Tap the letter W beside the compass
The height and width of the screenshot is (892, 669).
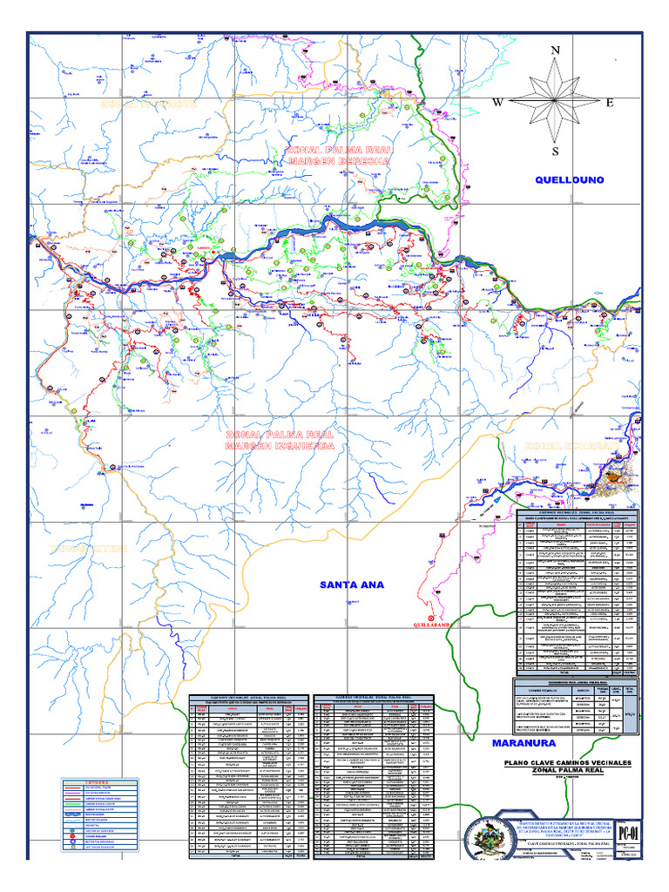tap(498, 103)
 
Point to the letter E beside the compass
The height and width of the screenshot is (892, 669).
tap(610, 103)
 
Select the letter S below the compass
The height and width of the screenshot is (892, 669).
tap(555, 152)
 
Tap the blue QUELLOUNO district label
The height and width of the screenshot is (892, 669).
tap(569, 179)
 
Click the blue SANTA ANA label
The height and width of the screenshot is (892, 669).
tap(351, 584)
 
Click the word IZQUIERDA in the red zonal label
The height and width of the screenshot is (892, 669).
tap(304, 446)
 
